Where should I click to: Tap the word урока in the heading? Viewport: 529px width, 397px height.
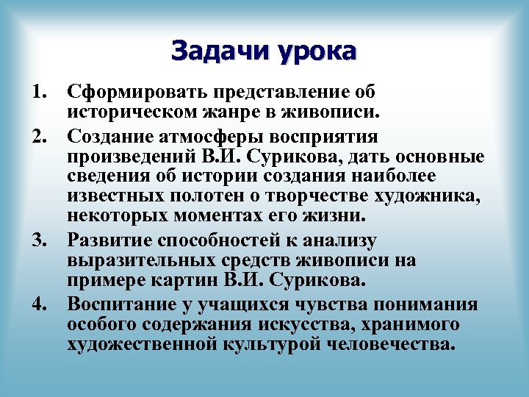(x=317, y=51)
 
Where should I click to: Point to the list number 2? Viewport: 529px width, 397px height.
(x=40, y=137)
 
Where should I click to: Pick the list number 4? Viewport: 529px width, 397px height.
(x=40, y=305)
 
